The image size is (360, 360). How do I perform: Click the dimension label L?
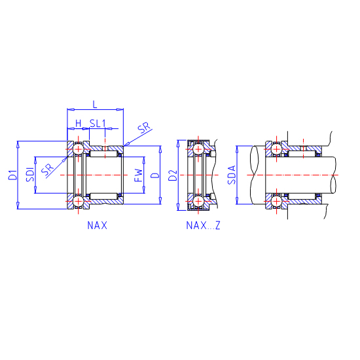[95, 105]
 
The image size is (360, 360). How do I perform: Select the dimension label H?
[79, 124]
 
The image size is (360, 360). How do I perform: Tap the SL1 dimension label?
[98, 123]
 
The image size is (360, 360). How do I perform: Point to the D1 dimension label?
[13, 175]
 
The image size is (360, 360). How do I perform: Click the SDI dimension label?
[30, 175]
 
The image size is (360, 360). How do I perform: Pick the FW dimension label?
[139, 175]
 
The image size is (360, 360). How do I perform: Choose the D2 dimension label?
[173, 175]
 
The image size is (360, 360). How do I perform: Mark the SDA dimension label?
[232, 175]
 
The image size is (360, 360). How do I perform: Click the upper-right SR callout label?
[144, 128]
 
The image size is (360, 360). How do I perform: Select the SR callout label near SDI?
[48, 169]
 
